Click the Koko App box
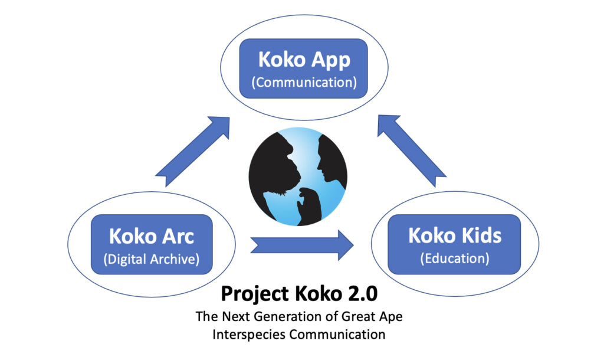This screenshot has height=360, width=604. click(304, 68)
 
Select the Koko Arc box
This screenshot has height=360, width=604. click(152, 244)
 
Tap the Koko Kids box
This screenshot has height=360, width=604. click(454, 244)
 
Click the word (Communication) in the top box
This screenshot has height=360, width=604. click(304, 83)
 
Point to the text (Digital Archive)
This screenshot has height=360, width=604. click(152, 259)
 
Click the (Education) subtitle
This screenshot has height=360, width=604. click(455, 258)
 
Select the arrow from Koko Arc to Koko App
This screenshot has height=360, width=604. click(193, 152)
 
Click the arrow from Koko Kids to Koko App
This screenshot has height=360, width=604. click(412, 150)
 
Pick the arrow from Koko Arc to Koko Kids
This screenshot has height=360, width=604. click(302, 245)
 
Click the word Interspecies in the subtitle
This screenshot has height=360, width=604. click(249, 334)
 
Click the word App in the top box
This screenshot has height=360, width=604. click(331, 60)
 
